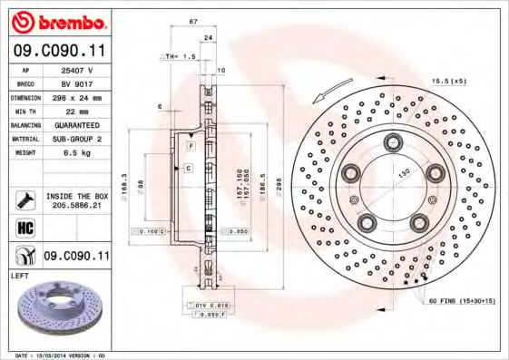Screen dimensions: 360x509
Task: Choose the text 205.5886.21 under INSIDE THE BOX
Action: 77,206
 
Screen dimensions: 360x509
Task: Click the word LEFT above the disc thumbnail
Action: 20,274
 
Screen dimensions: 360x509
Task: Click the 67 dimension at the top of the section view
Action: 193,21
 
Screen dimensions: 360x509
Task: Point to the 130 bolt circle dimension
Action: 397,172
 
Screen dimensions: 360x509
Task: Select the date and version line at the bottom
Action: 61,355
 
